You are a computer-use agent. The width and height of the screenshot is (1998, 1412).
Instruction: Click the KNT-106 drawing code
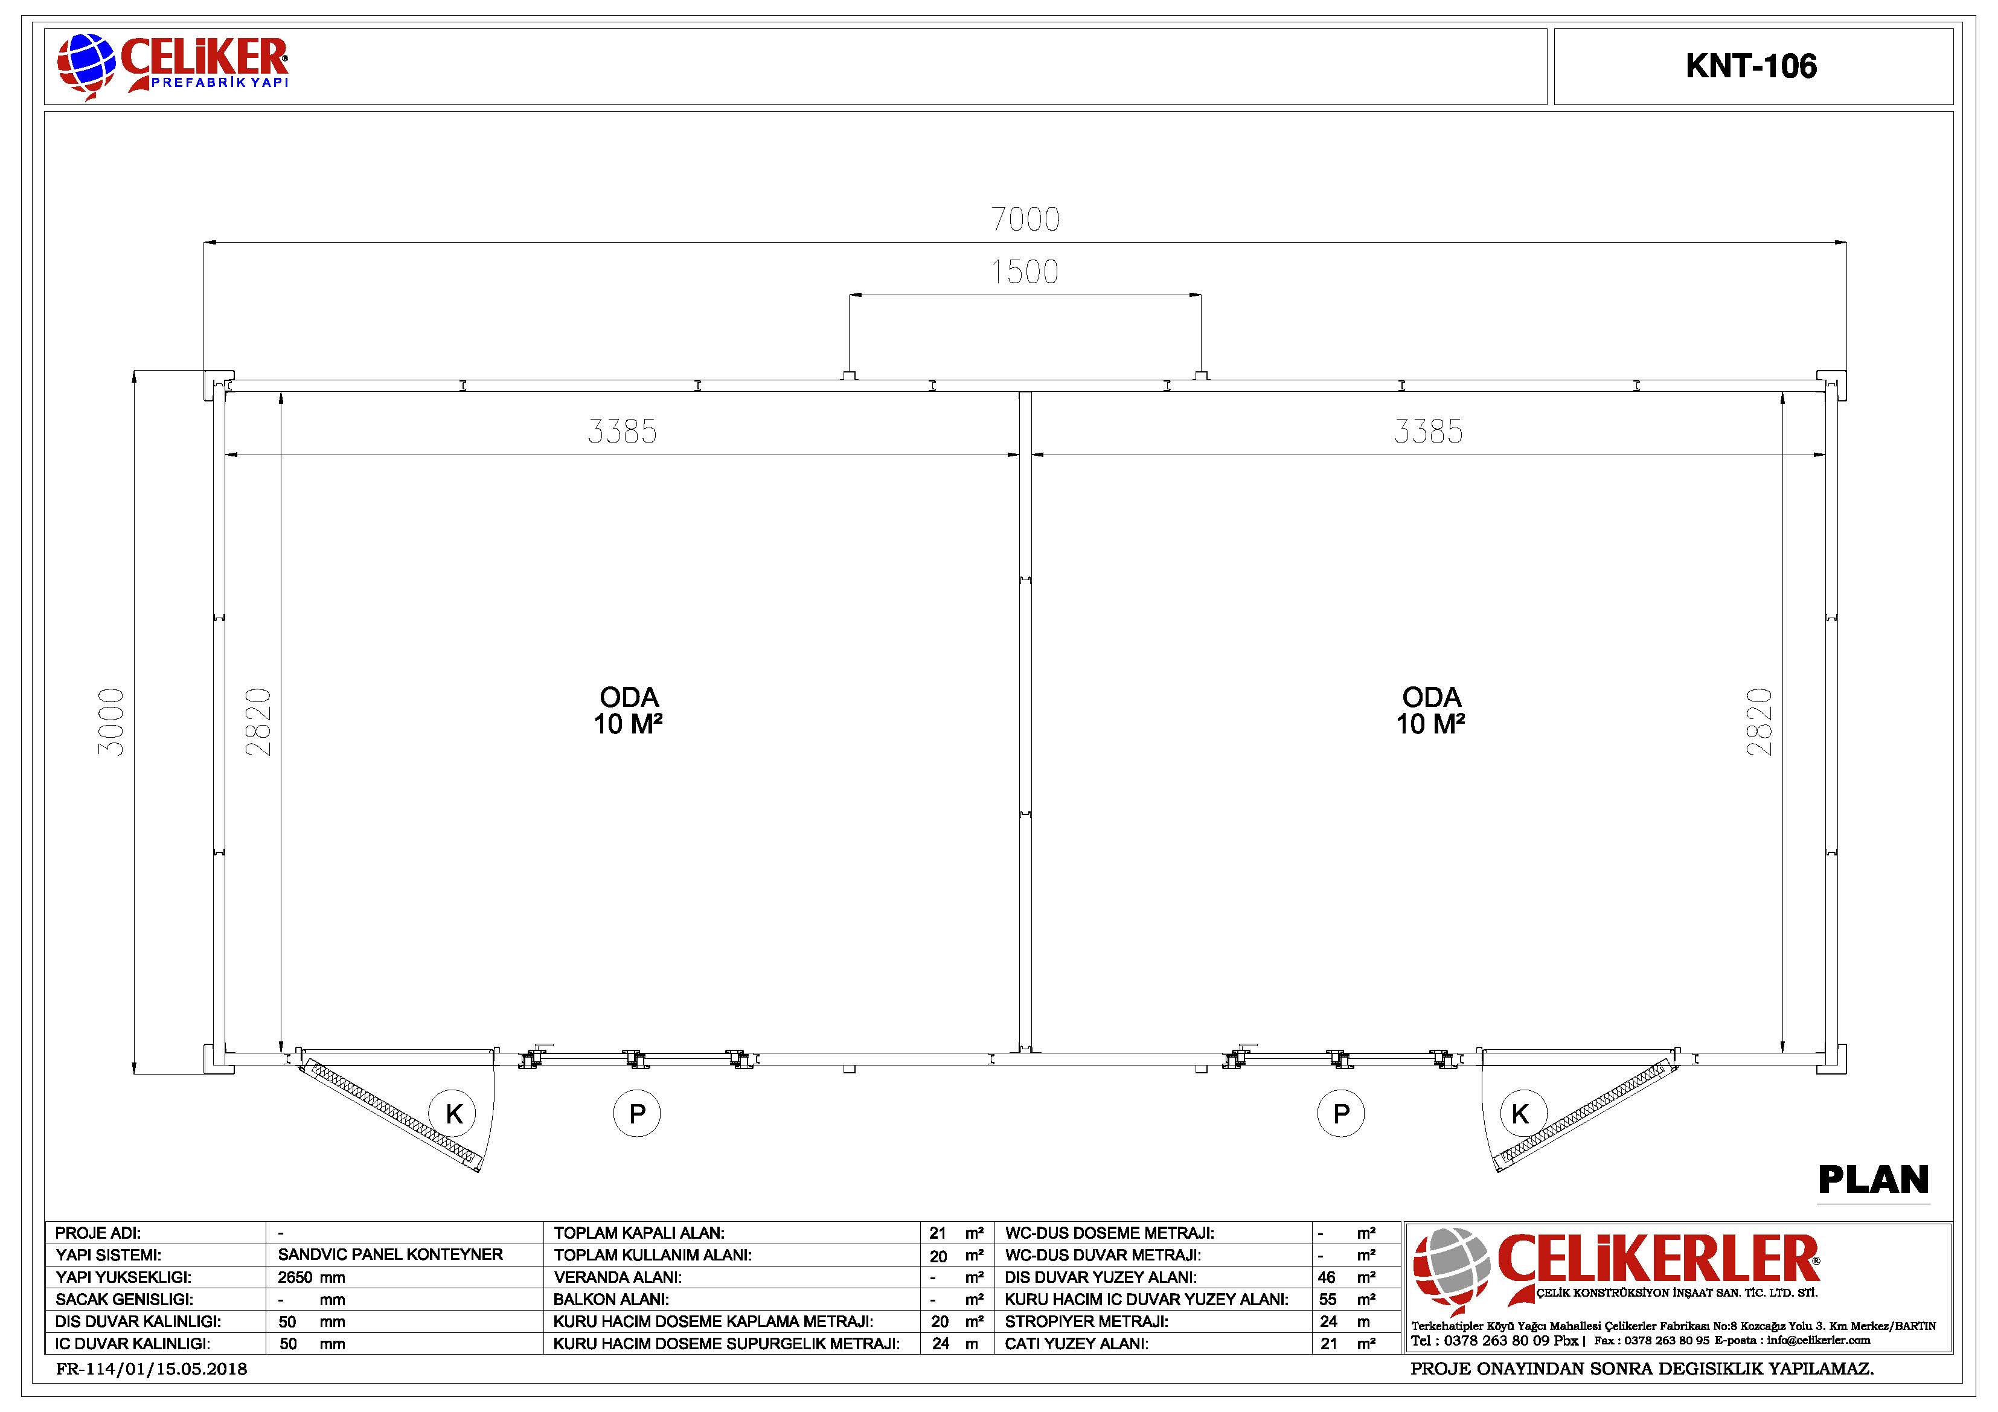(x=1751, y=66)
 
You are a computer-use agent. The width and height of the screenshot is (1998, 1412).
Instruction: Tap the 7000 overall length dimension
(x=1025, y=219)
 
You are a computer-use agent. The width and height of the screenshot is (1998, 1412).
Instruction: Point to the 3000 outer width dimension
(x=111, y=721)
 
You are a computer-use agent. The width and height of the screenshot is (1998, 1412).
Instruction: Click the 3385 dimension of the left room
(x=622, y=432)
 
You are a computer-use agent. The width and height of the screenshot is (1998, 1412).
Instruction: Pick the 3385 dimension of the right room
(x=1428, y=432)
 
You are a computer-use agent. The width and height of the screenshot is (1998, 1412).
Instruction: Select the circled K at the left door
(x=453, y=1114)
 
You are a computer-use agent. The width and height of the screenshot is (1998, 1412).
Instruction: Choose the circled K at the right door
(x=1520, y=1114)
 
